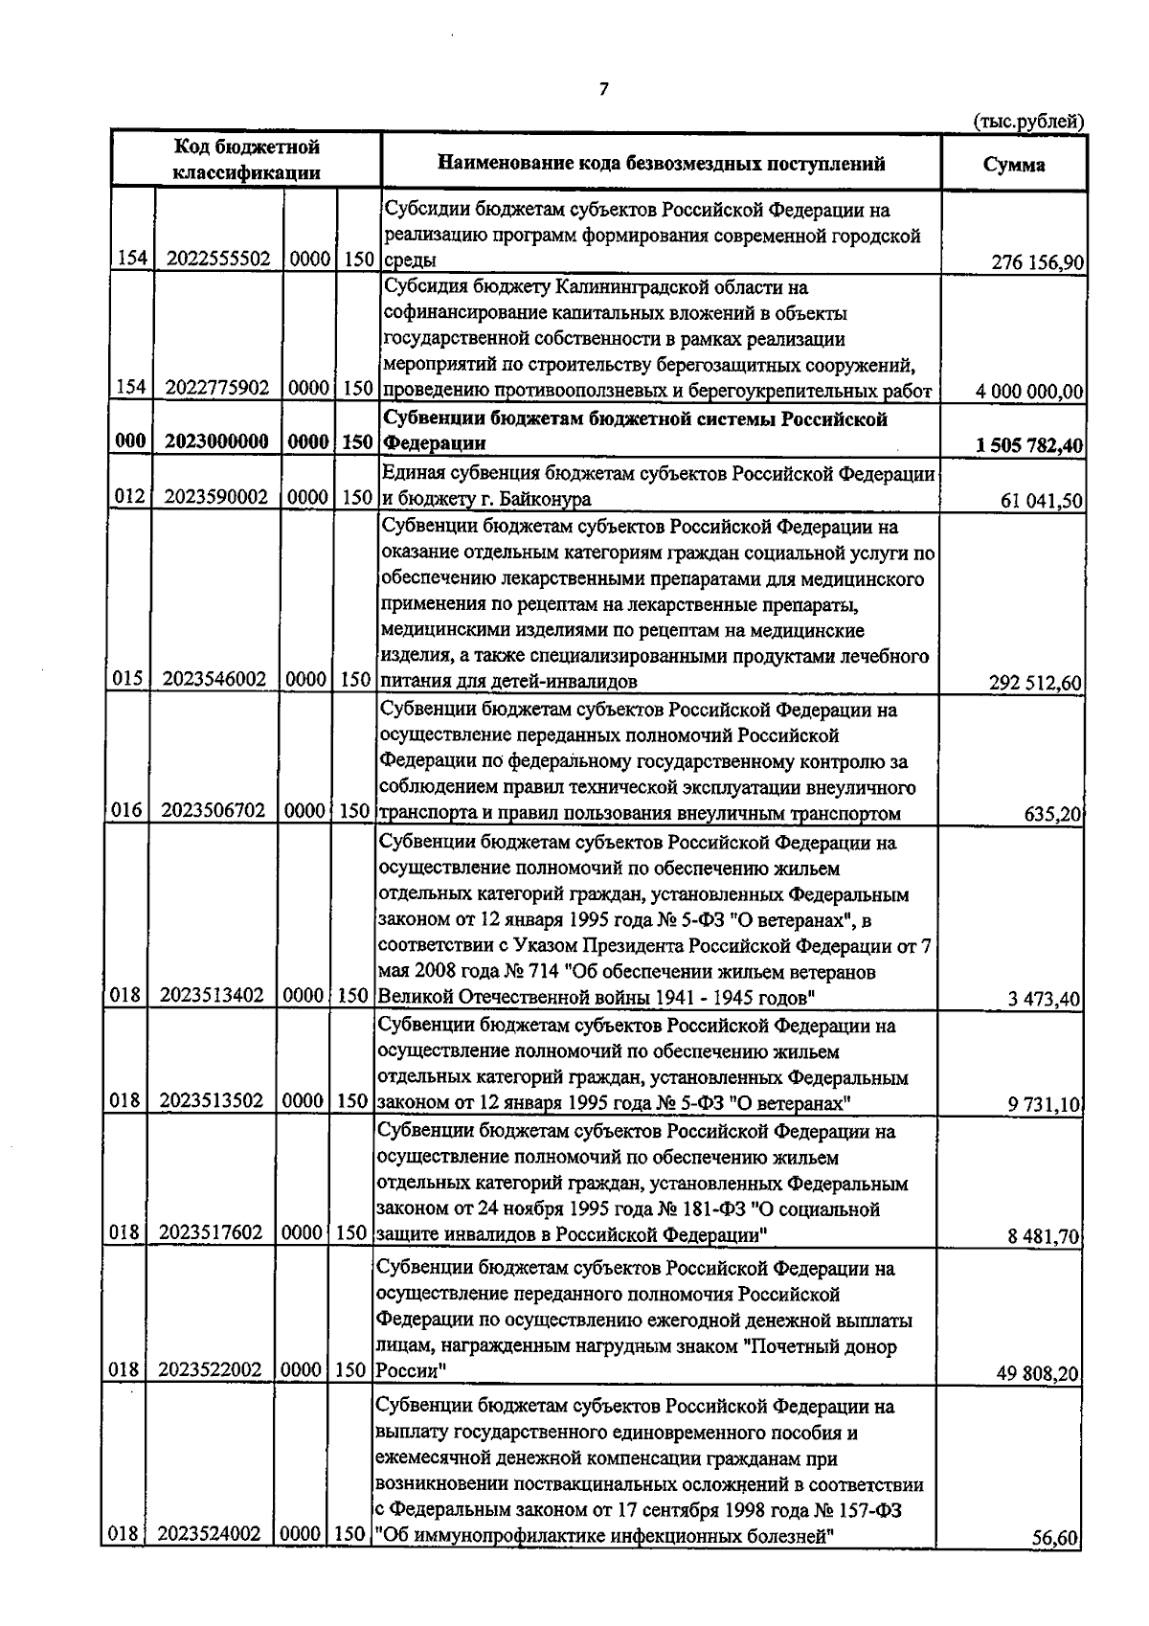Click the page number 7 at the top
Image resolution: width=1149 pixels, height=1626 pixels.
pos(602,89)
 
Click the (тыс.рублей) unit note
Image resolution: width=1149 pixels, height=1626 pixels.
pos(1027,122)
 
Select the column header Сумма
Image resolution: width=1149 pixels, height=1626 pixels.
pos(1013,165)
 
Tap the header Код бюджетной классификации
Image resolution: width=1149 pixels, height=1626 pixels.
pos(246,160)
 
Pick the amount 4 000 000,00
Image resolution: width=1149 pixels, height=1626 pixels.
pos(1029,392)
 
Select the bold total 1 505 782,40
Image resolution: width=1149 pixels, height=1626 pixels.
pos(1028,445)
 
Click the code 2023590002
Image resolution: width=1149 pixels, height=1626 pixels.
pos(217,498)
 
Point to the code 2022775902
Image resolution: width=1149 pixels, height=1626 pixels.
pos(217,389)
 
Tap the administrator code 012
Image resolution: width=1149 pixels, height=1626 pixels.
pos(128,498)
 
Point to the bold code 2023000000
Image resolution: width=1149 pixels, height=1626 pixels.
pos(217,442)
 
